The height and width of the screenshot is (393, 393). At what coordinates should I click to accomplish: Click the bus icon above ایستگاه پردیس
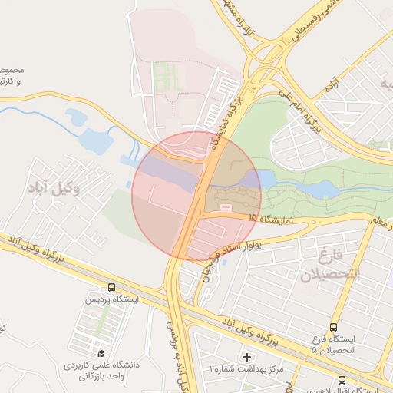click(112, 288)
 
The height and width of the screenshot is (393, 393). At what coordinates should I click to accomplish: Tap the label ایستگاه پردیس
click(112, 299)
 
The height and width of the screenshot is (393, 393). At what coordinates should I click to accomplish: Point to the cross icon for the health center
click(246, 357)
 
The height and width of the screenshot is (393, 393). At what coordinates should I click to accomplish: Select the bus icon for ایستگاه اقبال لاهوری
click(342, 380)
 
